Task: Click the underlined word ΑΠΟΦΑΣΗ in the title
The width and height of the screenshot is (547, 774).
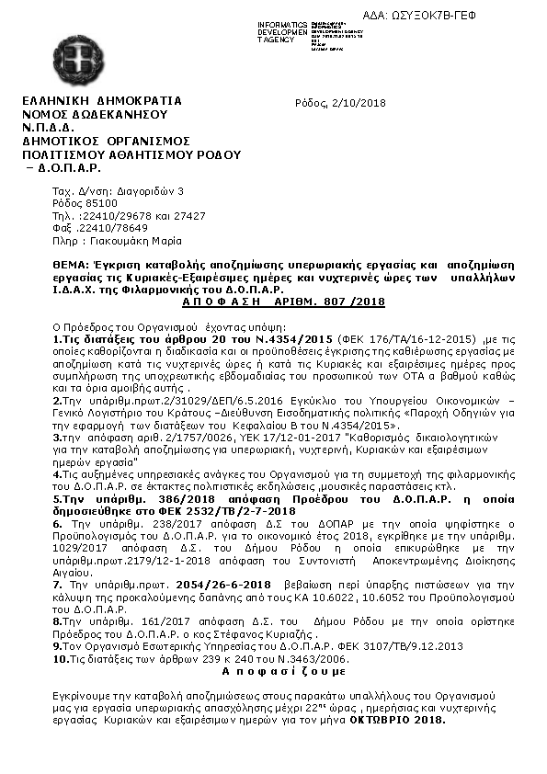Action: click(x=226, y=302)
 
